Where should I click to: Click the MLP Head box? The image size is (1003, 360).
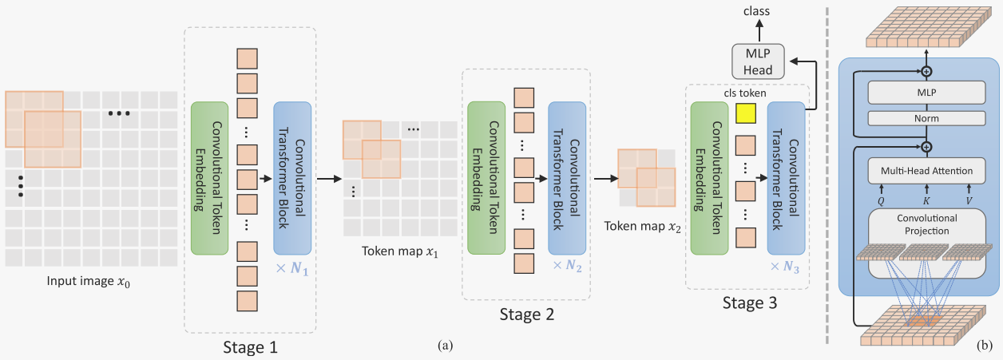point(759,61)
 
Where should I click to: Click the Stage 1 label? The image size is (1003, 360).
point(249,346)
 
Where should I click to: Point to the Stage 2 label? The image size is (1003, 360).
point(526,313)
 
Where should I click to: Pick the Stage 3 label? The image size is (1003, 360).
point(748,303)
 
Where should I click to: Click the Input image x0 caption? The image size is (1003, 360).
point(88,281)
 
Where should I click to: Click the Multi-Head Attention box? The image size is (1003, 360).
point(926,170)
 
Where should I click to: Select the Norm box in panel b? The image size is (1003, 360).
point(926,118)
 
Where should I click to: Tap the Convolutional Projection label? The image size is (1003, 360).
point(926,224)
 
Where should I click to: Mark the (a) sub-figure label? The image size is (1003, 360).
point(446,346)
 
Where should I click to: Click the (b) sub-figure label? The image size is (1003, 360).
point(984,346)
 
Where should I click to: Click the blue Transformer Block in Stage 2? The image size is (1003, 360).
point(567,177)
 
